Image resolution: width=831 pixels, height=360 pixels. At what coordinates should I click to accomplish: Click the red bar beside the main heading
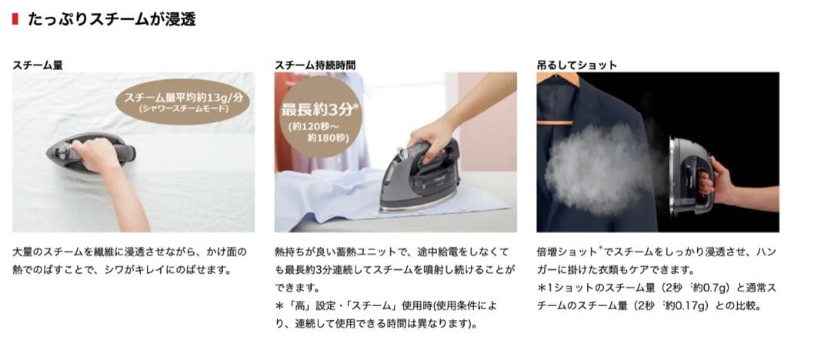[x=15, y=19]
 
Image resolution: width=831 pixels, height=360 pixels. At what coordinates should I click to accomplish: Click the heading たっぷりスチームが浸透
[x=112, y=19]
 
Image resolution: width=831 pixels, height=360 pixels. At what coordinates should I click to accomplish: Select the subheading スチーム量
[x=38, y=65]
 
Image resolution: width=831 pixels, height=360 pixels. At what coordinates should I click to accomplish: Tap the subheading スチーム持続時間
[x=315, y=65]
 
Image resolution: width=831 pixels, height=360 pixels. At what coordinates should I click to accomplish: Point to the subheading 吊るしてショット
[x=576, y=65]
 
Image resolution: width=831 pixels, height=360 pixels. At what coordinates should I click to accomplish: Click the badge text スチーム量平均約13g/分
[x=182, y=98]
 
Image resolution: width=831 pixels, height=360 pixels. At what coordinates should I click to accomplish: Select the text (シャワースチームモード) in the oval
[x=182, y=109]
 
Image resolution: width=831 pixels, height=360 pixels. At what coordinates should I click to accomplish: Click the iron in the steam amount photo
[x=91, y=152]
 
